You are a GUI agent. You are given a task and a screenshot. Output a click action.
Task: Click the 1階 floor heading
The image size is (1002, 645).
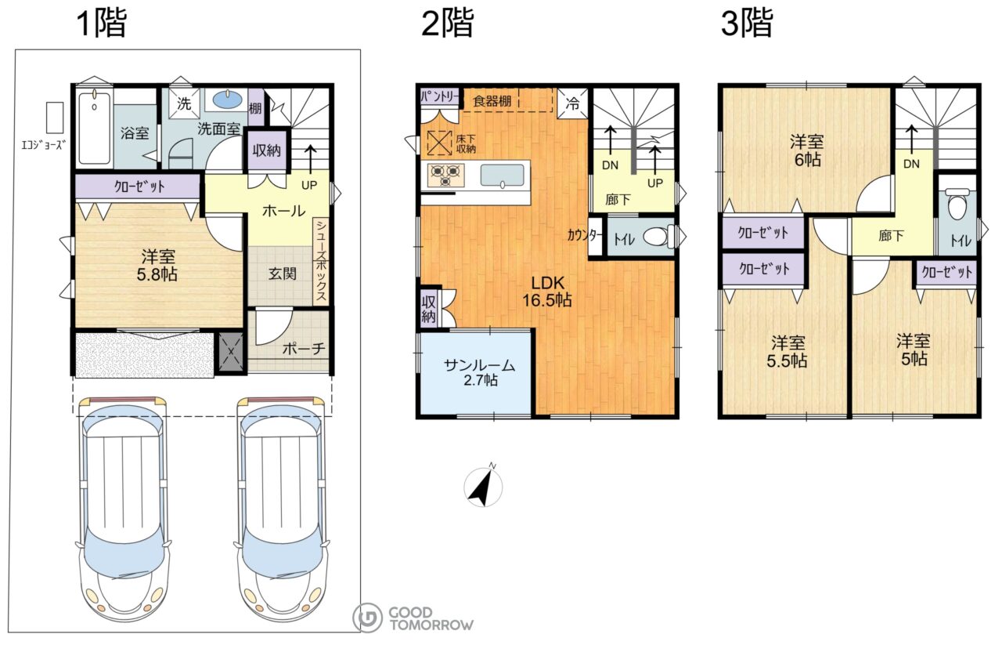(103, 23)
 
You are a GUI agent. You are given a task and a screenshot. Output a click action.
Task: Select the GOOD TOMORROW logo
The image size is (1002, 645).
(413, 618)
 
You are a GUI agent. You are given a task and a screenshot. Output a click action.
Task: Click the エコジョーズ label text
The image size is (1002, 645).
(44, 145)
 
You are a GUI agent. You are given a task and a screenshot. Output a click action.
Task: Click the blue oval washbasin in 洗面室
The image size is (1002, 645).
(227, 100)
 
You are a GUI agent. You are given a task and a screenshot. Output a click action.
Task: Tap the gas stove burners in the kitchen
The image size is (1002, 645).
(446, 175)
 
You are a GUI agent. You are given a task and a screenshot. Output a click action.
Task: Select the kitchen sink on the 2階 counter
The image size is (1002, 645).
(503, 175)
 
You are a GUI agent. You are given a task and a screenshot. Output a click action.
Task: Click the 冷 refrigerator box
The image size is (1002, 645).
(572, 103)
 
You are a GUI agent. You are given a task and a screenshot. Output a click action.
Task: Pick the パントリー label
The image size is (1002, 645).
(440, 96)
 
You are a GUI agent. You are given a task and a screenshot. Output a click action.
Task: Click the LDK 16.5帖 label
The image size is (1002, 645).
(547, 292)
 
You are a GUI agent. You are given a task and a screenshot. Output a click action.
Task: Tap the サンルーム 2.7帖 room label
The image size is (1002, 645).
(480, 373)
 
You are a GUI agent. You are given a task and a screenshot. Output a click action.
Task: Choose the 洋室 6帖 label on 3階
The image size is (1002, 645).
(807, 151)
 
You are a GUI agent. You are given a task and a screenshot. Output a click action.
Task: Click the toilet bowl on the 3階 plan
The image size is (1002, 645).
(957, 205)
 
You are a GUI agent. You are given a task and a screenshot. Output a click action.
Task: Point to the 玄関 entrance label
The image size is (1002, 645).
(283, 274)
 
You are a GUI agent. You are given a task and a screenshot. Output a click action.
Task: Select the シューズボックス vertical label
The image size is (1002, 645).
(321, 261)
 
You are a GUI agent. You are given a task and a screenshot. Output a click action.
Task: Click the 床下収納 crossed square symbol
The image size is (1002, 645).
(439, 143)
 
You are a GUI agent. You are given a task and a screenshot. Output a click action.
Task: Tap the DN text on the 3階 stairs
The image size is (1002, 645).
(912, 164)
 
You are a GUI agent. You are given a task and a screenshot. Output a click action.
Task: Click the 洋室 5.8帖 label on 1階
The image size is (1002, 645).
(157, 265)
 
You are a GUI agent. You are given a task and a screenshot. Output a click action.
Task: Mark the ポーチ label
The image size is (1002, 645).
(304, 349)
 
